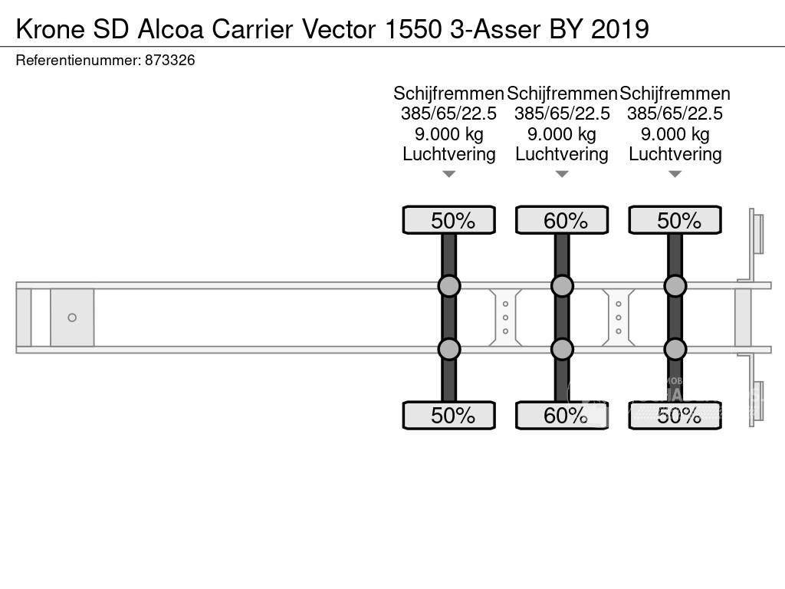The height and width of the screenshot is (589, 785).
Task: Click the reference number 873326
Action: [x=169, y=61]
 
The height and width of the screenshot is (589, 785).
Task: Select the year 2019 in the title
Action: [x=619, y=29]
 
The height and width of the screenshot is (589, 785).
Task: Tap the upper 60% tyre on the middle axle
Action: [x=562, y=221]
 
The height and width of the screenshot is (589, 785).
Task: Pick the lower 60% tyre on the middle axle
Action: [x=562, y=416]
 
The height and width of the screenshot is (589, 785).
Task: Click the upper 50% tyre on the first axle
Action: [x=449, y=221]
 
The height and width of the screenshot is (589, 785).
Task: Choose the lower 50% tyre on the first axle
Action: [x=449, y=416]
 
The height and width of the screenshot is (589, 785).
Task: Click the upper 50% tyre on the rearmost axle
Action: [x=675, y=221]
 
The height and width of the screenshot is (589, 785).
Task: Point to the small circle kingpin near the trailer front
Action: [x=72, y=318]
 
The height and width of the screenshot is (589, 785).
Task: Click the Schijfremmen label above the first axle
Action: [x=448, y=94]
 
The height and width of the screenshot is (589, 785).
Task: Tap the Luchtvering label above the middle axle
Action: [x=562, y=154]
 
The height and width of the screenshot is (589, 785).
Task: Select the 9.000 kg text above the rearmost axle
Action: [x=675, y=134]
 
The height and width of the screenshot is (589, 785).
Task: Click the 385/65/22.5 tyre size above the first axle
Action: [x=448, y=114]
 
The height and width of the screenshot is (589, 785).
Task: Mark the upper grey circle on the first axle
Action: [x=449, y=286]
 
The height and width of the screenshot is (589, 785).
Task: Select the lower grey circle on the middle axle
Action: [x=562, y=350]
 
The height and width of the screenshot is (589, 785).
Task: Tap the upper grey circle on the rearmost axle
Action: [x=675, y=286]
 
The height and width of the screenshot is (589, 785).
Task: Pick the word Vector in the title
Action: [x=337, y=29]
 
